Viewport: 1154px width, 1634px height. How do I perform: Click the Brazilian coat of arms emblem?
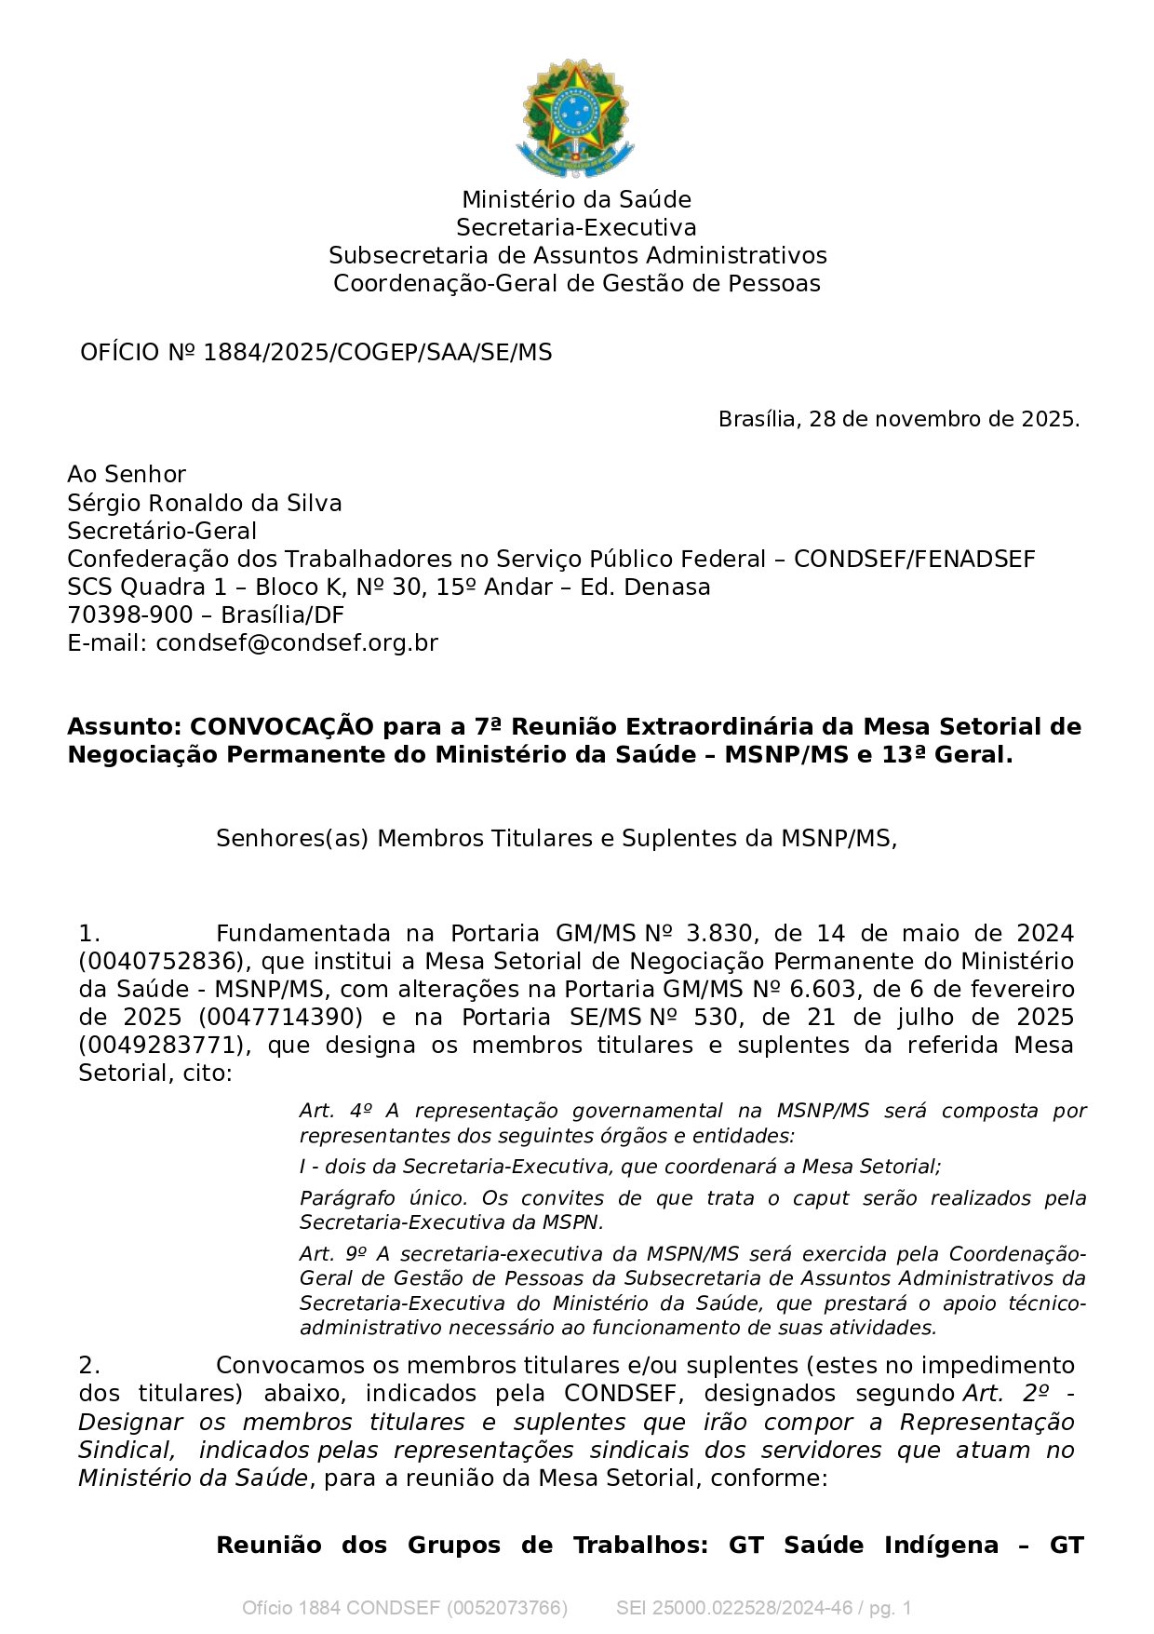(576, 118)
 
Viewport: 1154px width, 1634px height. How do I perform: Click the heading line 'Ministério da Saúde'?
(576, 200)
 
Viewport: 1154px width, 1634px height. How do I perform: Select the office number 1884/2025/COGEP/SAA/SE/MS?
(377, 353)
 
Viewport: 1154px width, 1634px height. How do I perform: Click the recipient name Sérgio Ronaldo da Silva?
(205, 504)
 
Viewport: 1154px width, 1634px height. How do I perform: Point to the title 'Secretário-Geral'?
(162, 532)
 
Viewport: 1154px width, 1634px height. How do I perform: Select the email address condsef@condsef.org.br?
(297, 643)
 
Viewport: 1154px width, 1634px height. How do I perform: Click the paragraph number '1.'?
(89, 934)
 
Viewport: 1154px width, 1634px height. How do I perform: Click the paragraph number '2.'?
(89, 1366)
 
